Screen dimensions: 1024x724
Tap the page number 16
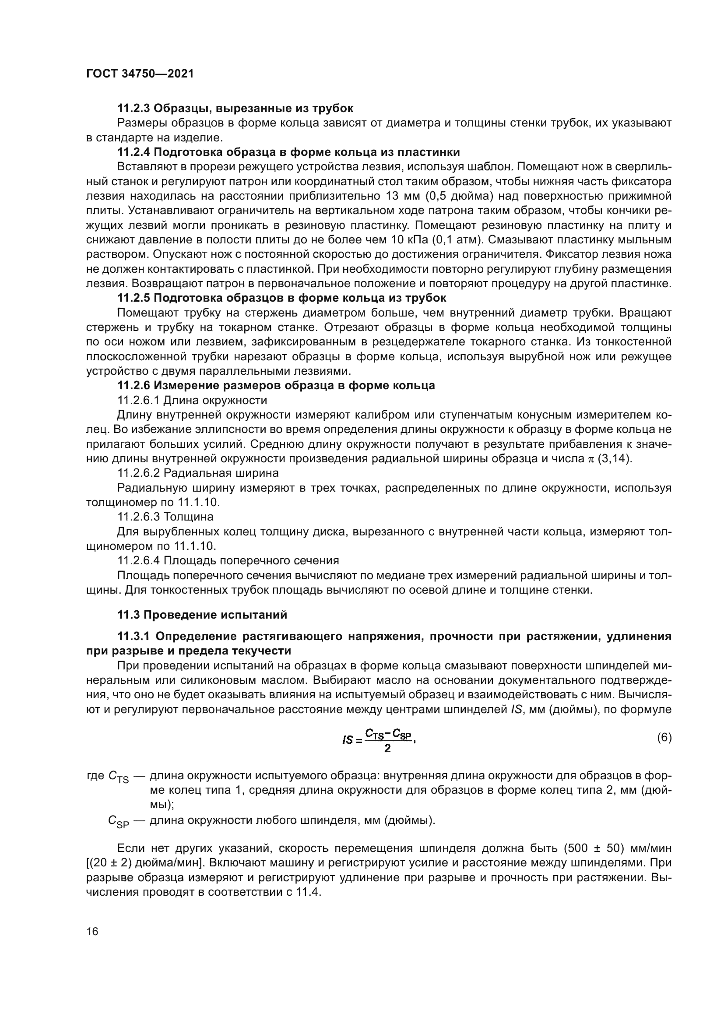click(92, 931)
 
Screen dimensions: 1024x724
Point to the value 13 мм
click(402, 196)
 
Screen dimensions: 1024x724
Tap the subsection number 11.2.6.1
click(139, 400)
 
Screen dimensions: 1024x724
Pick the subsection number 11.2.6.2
click(139, 473)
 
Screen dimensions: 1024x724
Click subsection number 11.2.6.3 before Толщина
click(139, 517)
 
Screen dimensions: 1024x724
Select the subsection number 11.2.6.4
click(139, 560)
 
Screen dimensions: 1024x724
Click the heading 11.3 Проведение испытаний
click(202, 615)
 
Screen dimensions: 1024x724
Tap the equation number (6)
click(664, 737)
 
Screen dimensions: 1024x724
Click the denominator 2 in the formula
click(387, 748)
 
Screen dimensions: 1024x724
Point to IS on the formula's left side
click(347, 740)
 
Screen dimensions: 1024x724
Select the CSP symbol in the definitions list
click(118, 821)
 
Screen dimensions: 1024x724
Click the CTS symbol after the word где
click(118, 778)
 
